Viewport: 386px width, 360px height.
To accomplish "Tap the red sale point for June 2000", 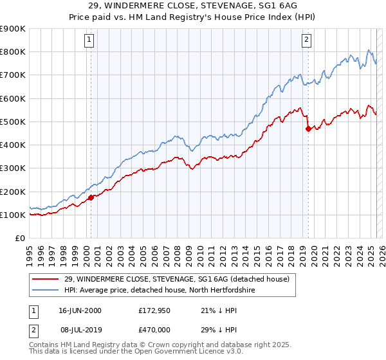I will point(91,197).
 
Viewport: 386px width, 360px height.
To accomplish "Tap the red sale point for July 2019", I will point(308,129).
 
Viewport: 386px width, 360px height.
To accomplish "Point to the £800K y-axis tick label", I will point(13,51).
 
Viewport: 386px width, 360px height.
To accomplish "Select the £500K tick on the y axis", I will point(13,122).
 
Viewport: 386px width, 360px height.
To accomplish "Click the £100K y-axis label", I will point(13,215).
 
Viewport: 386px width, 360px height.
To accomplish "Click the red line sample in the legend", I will point(46,279).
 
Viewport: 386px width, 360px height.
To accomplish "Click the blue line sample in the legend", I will point(46,290).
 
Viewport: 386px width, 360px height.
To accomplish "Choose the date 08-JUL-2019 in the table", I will point(80,328).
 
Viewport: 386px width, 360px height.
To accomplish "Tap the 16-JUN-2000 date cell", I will point(80,310).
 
